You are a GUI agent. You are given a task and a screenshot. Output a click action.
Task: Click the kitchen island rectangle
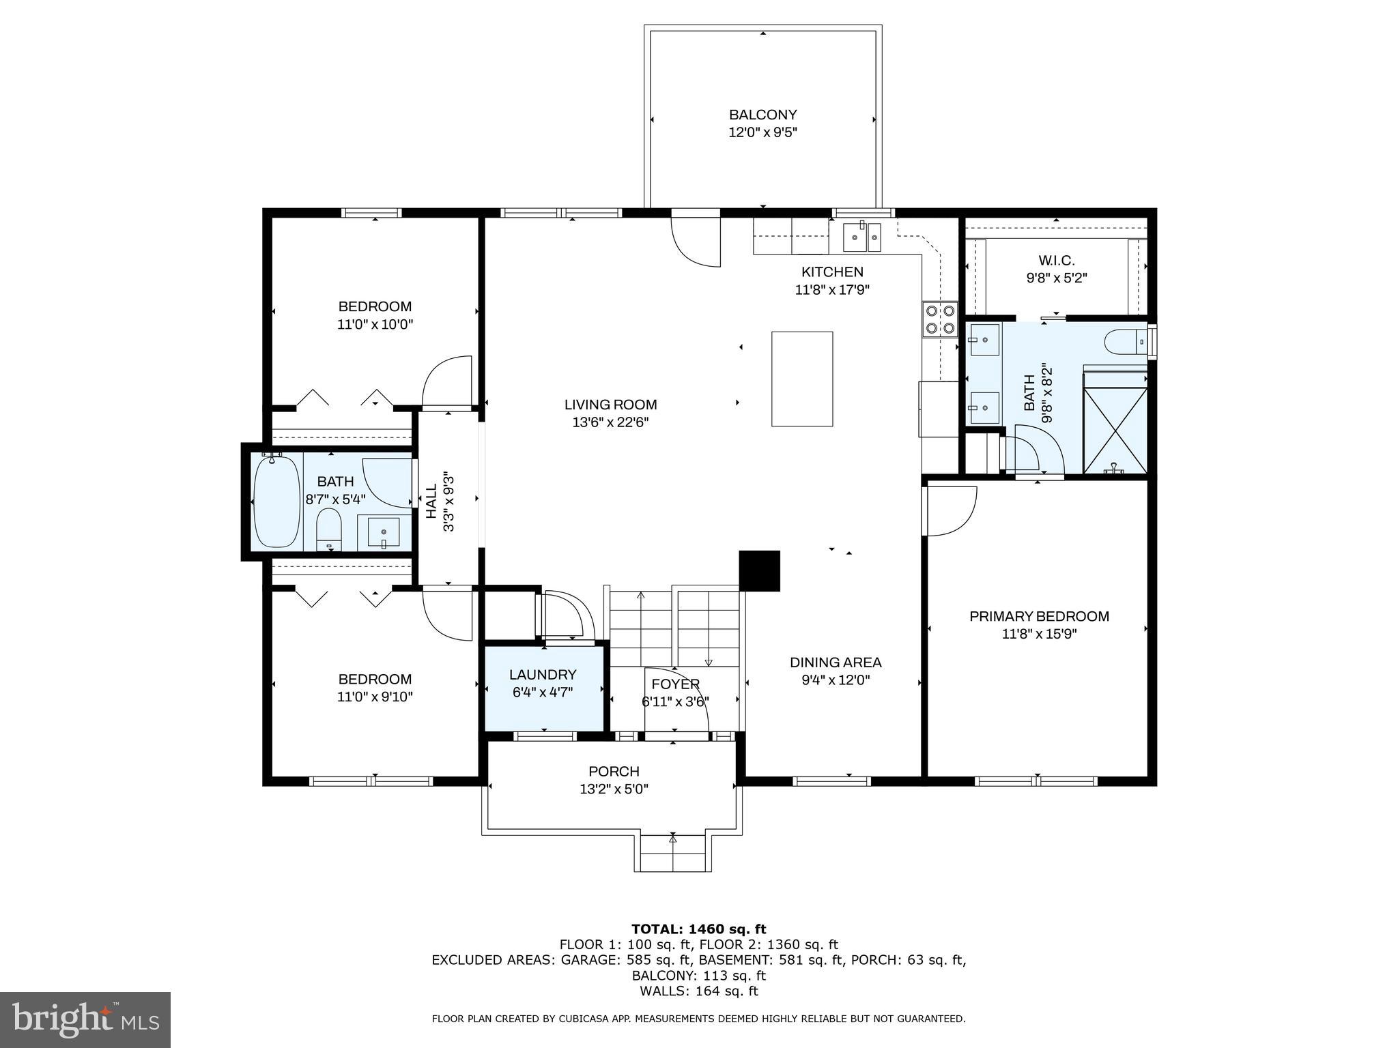[802, 379]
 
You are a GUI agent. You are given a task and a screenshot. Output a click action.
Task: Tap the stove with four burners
[940, 320]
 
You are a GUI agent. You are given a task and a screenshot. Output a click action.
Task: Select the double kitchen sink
[863, 237]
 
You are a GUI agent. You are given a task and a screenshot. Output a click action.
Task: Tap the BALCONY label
[762, 115]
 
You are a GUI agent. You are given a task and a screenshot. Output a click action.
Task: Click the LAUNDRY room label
[543, 675]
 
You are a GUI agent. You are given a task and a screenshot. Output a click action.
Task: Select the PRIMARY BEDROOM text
[1039, 616]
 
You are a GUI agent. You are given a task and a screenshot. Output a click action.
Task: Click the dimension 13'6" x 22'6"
[610, 422]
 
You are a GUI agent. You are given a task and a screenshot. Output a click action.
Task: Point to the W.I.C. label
[1056, 261]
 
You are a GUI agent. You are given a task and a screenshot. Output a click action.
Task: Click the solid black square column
[760, 570]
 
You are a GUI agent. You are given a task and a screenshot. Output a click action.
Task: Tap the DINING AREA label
[836, 662]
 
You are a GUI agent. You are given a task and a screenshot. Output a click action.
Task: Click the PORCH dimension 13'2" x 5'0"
[614, 789]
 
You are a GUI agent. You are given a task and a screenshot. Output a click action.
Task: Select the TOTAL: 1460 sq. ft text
[698, 929]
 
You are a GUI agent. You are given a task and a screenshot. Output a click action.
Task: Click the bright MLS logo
[85, 1019]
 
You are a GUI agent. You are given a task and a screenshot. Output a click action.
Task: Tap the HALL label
[431, 501]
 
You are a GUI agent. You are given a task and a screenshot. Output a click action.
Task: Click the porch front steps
[673, 854]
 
